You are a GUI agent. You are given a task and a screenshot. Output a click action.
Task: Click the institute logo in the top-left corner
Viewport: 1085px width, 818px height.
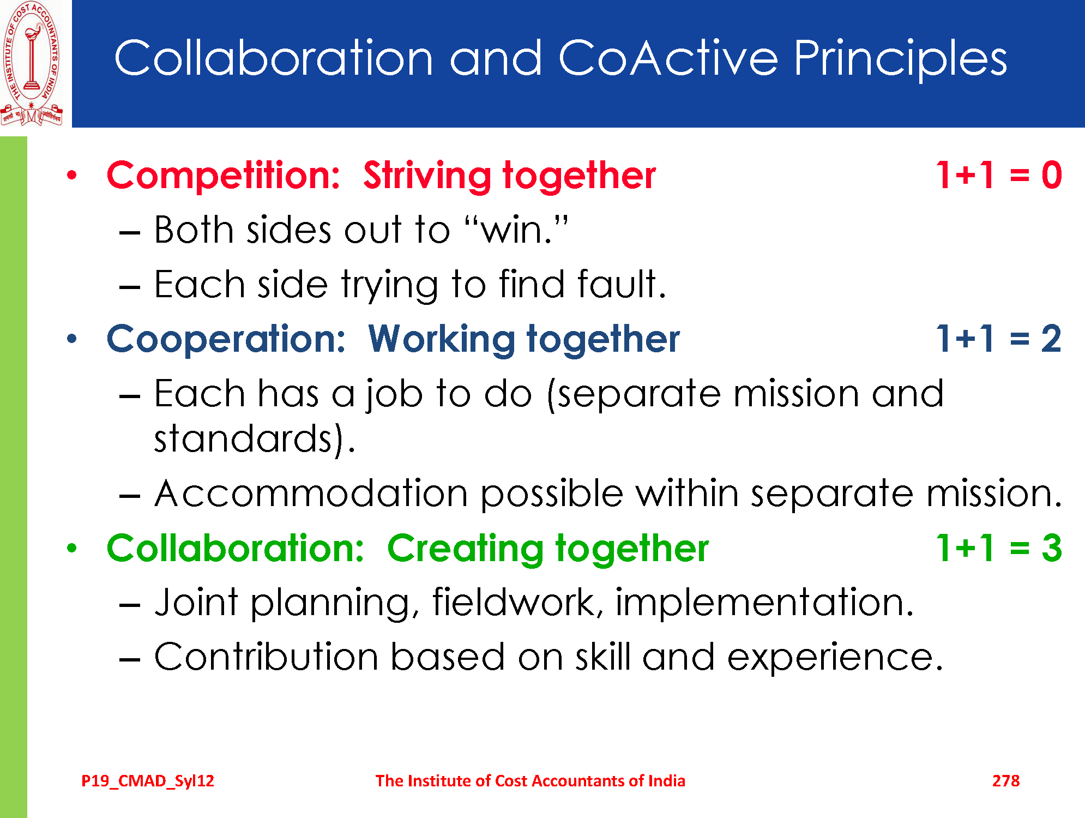tap(32, 63)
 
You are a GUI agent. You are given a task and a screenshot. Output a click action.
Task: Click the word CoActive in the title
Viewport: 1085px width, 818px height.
tap(668, 58)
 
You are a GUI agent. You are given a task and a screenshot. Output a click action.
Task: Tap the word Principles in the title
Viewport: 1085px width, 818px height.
tap(900, 58)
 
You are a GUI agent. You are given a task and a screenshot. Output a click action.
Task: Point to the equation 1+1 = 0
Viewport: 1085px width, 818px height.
tap(999, 175)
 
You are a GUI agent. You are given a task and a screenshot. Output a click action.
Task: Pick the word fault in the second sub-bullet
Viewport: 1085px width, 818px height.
tap(621, 284)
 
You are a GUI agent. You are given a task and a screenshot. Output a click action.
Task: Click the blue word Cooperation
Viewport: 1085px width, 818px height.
tap(226, 339)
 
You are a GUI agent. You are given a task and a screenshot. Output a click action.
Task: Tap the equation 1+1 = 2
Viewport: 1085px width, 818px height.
tap(999, 339)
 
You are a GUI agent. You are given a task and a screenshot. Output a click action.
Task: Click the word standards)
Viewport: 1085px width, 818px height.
tap(255, 438)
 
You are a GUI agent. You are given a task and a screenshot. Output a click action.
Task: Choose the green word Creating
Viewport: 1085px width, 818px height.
tap(465, 549)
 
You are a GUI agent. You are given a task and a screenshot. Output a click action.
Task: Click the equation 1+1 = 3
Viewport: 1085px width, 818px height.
tap(999, 548)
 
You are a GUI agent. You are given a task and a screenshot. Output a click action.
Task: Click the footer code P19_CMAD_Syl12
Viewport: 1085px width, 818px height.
tap(148, 781)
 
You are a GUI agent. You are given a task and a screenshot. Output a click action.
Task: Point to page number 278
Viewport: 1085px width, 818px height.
tap(1006, 781)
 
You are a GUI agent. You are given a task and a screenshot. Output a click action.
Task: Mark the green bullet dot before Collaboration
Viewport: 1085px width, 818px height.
tap(72, 548)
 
